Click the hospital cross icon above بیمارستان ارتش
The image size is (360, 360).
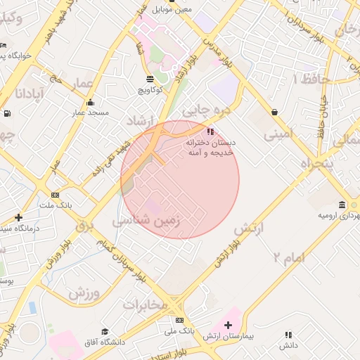[227, 326]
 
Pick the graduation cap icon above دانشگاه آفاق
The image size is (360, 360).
[105, 331]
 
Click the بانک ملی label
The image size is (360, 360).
[178, 330]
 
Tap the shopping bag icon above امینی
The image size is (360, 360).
[274, 111]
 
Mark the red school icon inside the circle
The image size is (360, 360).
[210, 131]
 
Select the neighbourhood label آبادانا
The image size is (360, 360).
[32, 94]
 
